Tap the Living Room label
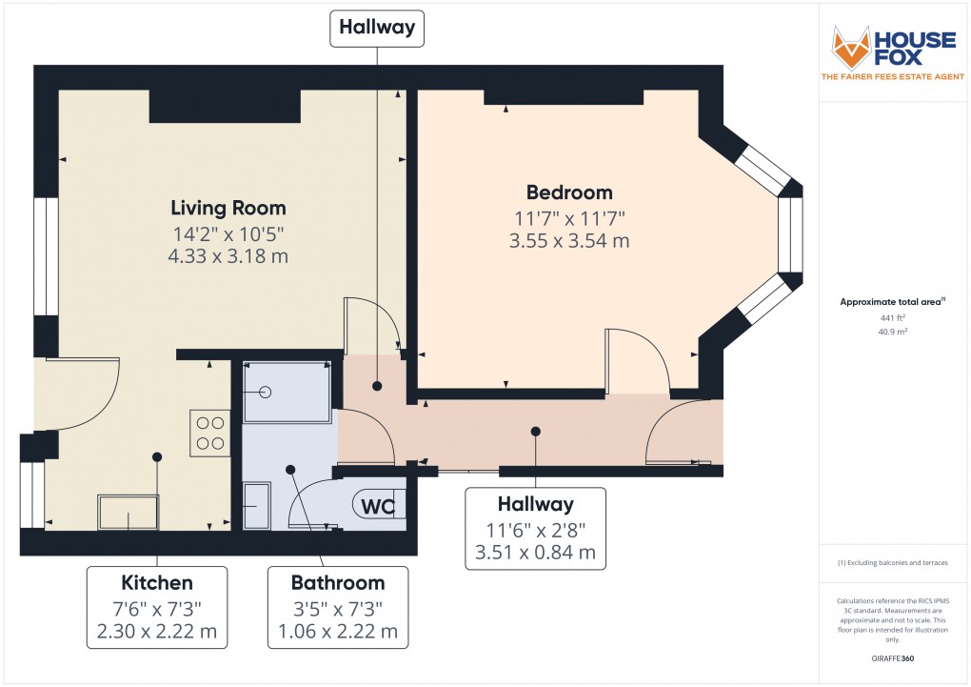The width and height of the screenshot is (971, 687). (x=228, y=208)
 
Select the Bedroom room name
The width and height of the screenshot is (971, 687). (x=569, y=192)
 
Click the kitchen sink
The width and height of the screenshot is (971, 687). (x=129, y=512)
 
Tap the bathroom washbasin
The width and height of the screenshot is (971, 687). (x=258, y=503)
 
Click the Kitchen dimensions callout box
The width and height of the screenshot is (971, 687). (x=157, y=607)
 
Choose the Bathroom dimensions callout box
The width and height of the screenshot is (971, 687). (x=337, y=607)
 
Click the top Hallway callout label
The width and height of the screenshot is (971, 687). (x=377, y=28)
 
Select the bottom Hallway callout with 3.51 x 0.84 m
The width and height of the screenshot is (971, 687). (x=535, y=528)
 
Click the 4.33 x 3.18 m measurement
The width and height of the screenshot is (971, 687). (x=228, y=256)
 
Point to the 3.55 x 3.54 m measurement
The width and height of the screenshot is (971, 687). (x=569, y=241)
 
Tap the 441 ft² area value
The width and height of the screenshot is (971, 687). (x=891, y=317)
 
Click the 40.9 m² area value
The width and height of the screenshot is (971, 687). (x=891, y=332)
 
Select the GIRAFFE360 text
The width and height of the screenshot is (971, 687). (x=892, y=658)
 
